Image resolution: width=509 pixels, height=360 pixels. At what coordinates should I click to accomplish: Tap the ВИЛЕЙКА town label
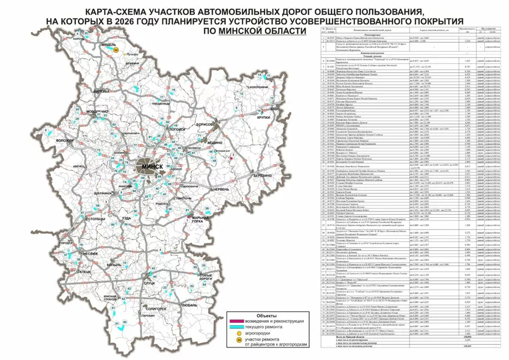(x=99, y=91)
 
